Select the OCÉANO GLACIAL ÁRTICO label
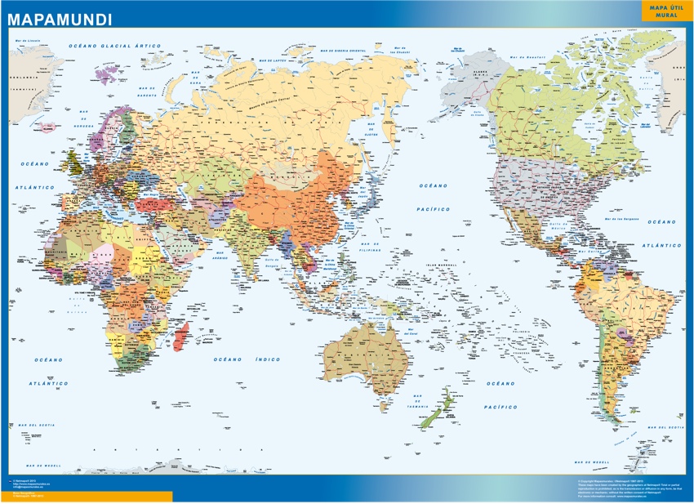[115, 47]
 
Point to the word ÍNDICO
[267, 359]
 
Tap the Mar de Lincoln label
[27, 40]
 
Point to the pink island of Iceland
[47, 127]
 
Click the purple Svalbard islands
[105, 76]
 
